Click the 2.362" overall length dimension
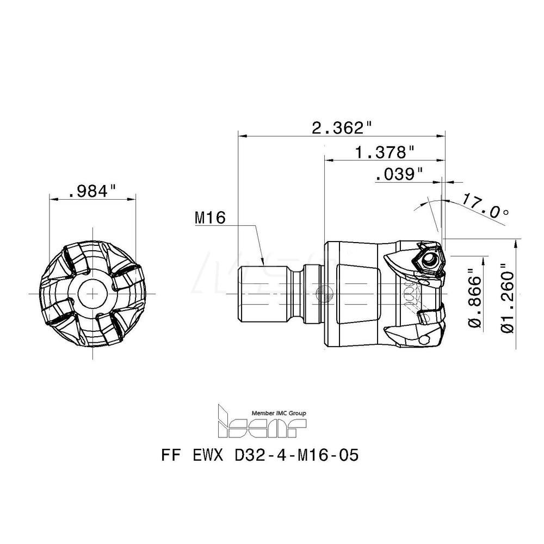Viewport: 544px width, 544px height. (342, 128)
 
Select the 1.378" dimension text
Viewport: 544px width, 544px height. (385, 151)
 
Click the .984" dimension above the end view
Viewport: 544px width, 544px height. (93, 191)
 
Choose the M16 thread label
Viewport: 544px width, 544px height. (209, 218)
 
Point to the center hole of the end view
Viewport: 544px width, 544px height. (95, 294)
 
